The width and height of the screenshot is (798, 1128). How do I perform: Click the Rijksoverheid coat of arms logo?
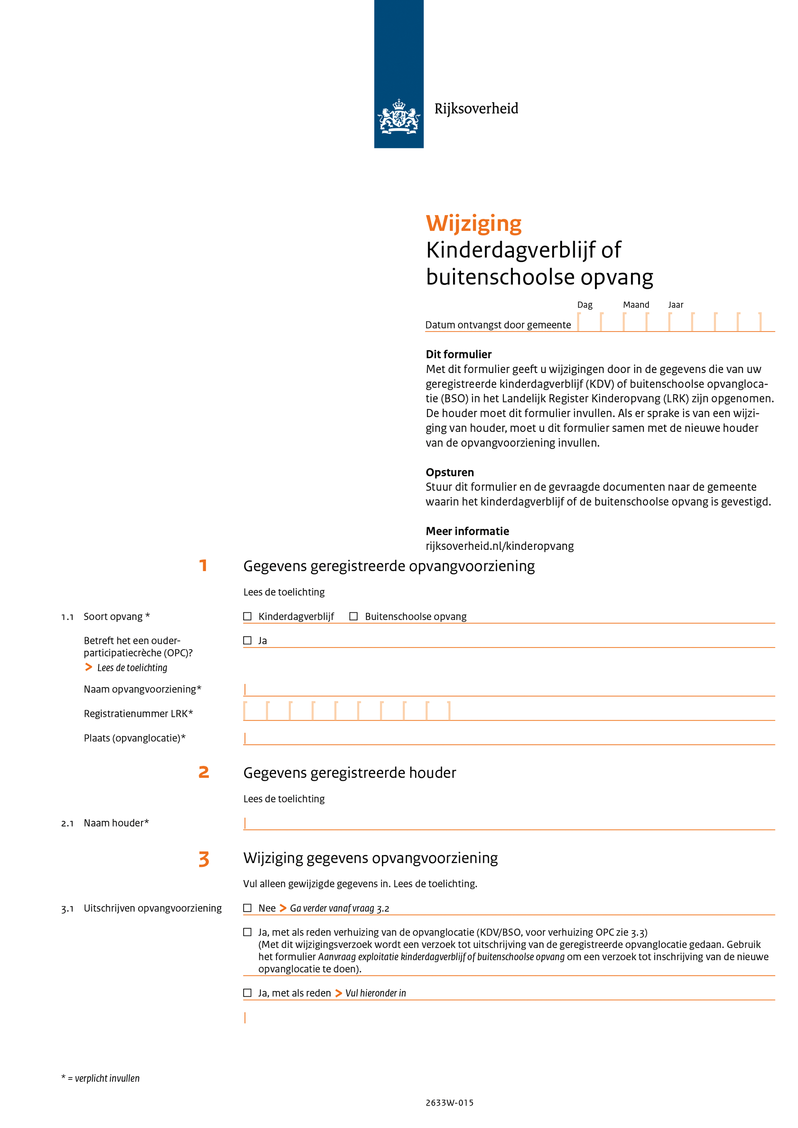point(398,117)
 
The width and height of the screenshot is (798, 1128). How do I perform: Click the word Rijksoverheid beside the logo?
point(476,108)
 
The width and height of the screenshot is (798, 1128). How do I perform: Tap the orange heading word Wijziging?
point(473,224)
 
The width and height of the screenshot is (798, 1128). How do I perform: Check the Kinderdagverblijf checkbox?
point(247,616)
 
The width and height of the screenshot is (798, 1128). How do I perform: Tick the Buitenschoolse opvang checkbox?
point(354,616)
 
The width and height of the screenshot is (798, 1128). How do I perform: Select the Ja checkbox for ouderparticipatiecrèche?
point(247,640)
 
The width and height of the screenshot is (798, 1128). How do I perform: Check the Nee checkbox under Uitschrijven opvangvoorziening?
point(247,908)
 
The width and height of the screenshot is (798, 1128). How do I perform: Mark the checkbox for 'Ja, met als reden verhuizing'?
point(247,932)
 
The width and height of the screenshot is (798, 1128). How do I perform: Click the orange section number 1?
point(203,566)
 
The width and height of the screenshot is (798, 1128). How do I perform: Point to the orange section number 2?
point(204,772)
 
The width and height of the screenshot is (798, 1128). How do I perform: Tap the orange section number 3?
point(204,859)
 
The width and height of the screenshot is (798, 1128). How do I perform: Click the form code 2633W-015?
point(449,1102)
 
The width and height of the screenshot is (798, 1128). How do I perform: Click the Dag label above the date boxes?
point(585,305)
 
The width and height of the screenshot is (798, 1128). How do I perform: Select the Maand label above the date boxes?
point(636,305)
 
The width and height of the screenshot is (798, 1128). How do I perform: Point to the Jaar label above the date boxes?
point(676,305)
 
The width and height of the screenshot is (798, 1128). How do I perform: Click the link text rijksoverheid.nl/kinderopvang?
point(499,546)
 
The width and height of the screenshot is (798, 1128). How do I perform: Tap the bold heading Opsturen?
point(450,472)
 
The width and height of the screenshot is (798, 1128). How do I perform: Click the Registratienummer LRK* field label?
point(138,713)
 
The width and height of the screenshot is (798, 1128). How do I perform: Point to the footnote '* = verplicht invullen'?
point(100,1079)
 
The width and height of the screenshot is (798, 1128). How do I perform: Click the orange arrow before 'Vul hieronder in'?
point(338,993)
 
